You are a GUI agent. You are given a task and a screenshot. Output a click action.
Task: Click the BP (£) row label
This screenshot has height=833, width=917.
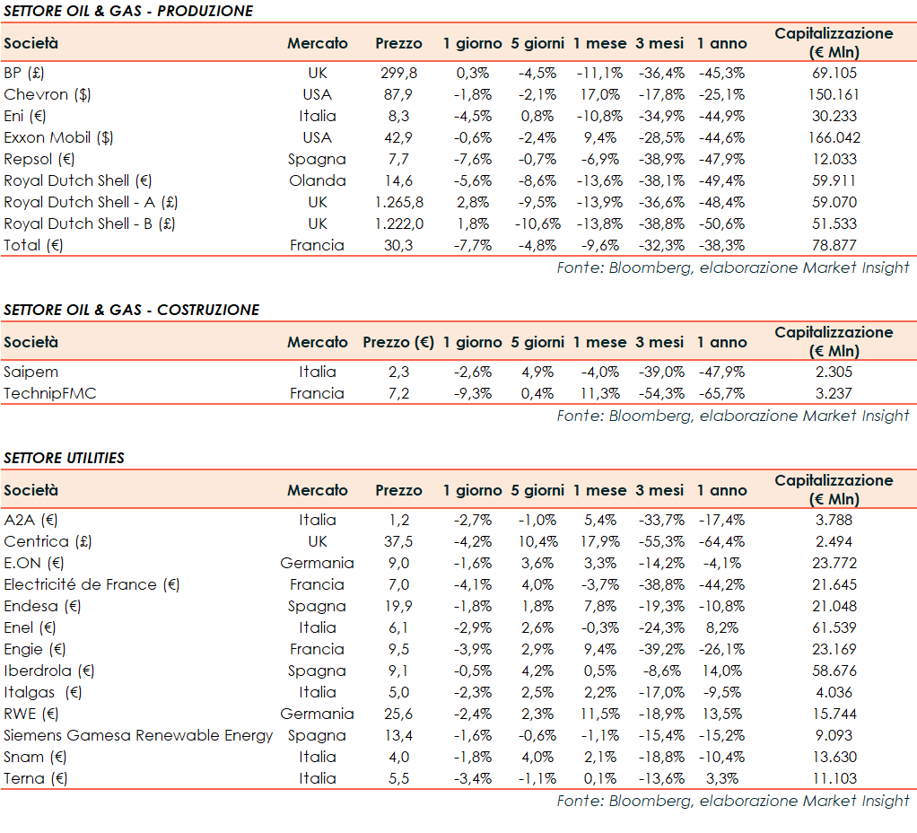pyautogui.click(x=24, y=73)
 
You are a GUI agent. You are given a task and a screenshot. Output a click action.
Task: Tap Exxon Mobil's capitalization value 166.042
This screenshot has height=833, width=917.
pyautogui.click(x=834, y=137)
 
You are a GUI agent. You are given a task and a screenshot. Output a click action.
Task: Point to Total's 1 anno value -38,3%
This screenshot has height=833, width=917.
pyautogui.click(x=720, y=245)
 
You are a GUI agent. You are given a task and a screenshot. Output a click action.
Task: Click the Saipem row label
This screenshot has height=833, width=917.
pyautogui.click(x=31, y=372)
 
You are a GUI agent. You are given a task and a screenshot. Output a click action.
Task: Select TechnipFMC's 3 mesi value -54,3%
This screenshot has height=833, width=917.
pyautogui.click(x=660, y=393)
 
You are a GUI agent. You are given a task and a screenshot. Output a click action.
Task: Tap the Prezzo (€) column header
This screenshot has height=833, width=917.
pyautogui.click(x=398, y=342)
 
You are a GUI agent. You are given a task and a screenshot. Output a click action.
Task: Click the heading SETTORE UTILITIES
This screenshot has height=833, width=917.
pyautogui.click(x=65, y=458)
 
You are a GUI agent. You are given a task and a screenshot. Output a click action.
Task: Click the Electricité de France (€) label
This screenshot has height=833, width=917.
pyautogui.click(x=92, y=584)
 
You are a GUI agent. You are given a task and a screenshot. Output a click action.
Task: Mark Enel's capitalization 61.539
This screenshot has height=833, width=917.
pyautogui.click(x=834, y=627)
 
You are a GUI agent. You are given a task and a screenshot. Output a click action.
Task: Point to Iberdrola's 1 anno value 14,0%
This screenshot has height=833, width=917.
pyautogui.click(x=720, y=671)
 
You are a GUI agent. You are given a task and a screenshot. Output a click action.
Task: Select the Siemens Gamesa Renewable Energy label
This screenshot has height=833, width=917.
pyautogui.click(x=138, y=735)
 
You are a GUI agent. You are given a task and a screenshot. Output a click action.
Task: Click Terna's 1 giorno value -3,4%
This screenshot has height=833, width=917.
pyautogui.click(x=472, y=778)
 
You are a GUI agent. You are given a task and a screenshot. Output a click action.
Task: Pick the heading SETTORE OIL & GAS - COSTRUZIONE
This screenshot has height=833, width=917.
pyautogui.click(x=132, y=310)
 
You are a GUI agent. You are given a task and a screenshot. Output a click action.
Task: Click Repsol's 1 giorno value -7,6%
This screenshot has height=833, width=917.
pyautogui.click(x=472, y=159)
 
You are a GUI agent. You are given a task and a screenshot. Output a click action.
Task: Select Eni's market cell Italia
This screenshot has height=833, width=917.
pyautogui.click(x=318, y=116)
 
